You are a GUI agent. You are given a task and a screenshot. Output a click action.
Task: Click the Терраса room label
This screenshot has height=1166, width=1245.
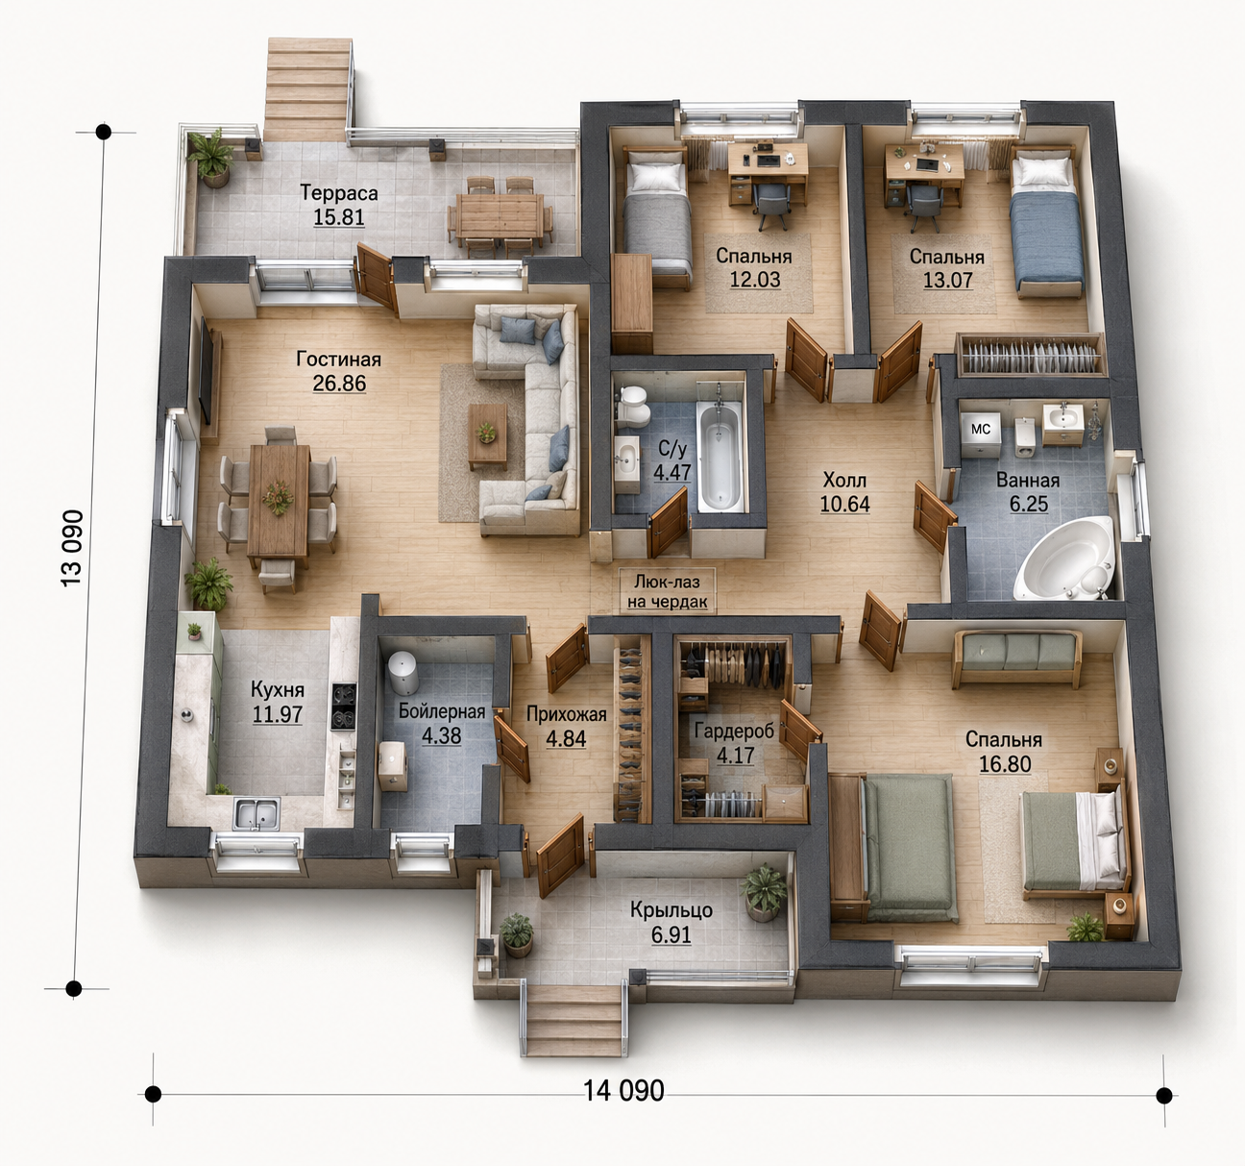click(338, 192)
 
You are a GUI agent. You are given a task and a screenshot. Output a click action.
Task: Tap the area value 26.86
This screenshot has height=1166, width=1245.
click(339, 384)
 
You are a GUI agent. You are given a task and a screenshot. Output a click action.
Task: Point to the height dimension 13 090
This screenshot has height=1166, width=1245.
click(72, 548)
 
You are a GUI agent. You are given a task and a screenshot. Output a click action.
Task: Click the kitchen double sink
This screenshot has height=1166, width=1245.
click(257, 813)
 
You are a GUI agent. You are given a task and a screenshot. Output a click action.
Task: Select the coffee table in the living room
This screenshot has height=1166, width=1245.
click(487, 435)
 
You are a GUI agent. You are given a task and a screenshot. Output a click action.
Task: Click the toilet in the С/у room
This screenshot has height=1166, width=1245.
click(634, 405)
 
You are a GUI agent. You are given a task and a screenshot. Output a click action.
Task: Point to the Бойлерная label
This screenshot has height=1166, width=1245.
click(442, 711)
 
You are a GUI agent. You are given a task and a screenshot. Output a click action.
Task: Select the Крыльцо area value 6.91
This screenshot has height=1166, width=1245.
click(671, 935)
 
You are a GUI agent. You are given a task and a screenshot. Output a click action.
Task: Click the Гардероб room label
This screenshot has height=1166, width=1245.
click(734, 731)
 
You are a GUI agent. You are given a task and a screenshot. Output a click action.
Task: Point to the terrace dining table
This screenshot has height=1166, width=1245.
click(500, 214)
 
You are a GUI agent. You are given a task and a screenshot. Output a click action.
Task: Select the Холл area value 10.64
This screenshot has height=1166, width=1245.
click(845, 504)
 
